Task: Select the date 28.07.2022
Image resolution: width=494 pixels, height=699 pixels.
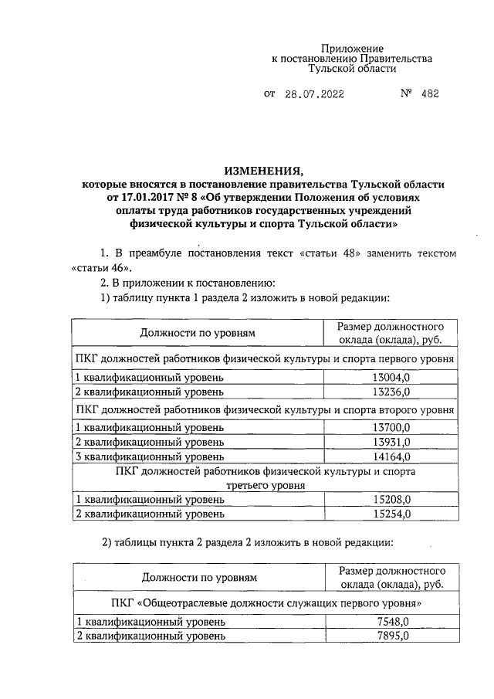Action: (x=313, y=94)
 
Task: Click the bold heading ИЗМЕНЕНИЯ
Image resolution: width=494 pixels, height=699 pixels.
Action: (x=264, y=171)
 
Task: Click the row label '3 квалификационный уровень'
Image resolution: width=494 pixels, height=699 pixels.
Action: (x=149, y=456)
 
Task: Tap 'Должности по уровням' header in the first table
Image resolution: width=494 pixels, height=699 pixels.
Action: (x=198, y=333)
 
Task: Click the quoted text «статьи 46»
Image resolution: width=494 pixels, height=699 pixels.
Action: (x=96, y=267)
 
